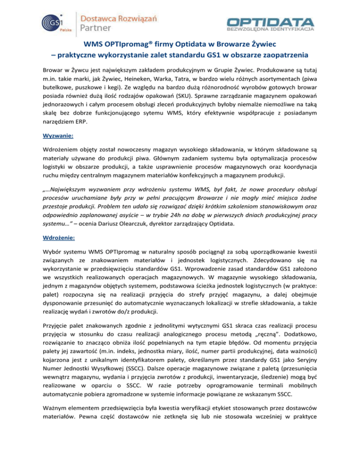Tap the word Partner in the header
pyautogui.click(x=97, y=30)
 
